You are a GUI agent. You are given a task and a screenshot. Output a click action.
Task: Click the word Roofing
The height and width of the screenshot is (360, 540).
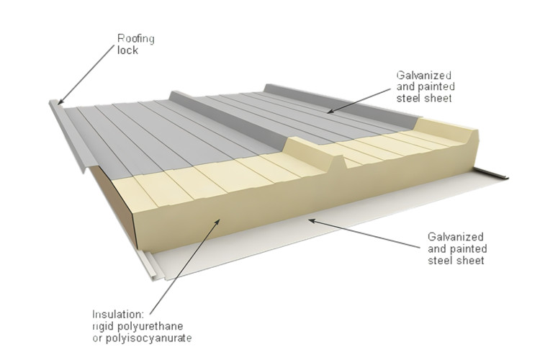point(135,39)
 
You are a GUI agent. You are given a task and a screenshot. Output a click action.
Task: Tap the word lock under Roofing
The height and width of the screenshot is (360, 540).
point(127,50)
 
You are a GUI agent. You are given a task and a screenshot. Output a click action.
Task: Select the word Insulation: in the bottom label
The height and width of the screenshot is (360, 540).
point(118,314)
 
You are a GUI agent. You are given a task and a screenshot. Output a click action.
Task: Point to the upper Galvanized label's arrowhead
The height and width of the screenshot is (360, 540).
point(328,112)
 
